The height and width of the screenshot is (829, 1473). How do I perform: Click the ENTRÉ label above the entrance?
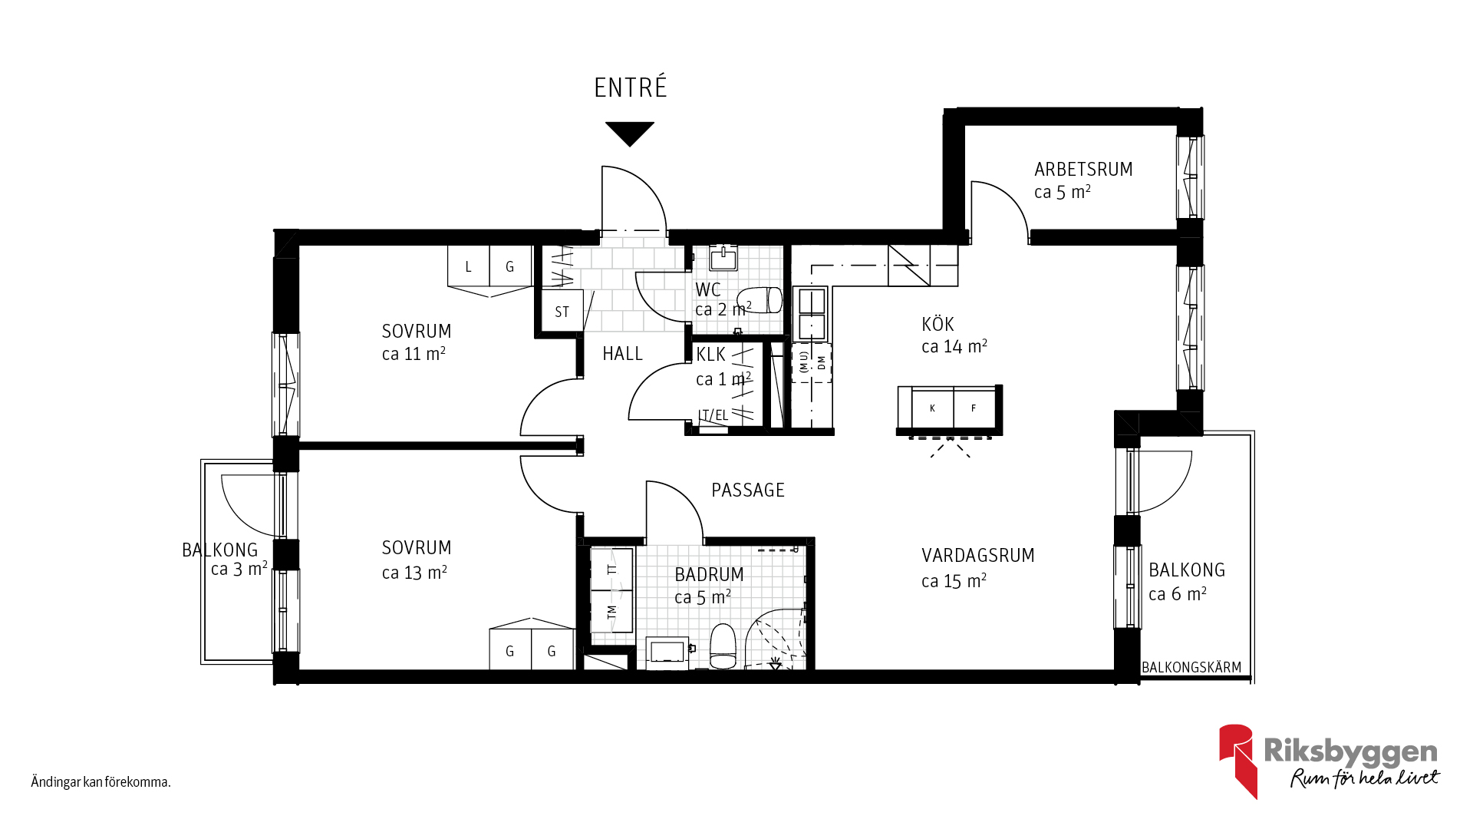pyautogui.click(x=631, y=87)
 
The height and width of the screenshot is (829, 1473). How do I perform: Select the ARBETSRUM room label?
pyautogui.click(x=1083, y=169)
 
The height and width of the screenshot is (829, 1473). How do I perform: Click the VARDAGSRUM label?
pyautogui.click(x=978, y=555)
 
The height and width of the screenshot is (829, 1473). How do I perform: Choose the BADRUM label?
pyautogui.click(x=709, y=574)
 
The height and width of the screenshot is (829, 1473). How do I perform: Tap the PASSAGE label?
pyautogui.click(x=748, y=490)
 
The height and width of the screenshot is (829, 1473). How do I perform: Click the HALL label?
pyautogui.click(x=622, y=354)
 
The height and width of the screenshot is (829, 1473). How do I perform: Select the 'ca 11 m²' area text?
pyautogui.click(x=414, y=354)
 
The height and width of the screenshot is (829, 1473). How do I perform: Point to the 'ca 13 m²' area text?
pyautogui.click(x=414, y=573)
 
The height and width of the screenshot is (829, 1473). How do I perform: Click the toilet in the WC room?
pyautogui.click(x=760, y=300)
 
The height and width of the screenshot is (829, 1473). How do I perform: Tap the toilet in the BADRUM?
pyautogui.click(x=723, y=646)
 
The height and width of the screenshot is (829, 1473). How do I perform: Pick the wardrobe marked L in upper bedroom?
pyautogui.click(x=469, y=266)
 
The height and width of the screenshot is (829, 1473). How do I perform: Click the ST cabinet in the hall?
pyautogui.click(x=562, y=311)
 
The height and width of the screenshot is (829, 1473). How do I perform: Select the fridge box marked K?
pyautogui.click(x=932, y=408)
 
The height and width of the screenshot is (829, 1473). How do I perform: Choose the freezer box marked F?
pyautogui.click(x=974, y=408)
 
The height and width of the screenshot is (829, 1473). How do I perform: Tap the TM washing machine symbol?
pyautogui.click(x=611, y=612)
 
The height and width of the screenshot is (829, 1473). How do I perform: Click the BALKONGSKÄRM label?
pyautogui.click(x=1191, y=668)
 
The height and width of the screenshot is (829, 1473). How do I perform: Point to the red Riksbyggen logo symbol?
pyautogui.click(x=1237, y=760)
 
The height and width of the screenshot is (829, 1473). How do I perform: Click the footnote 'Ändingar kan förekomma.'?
pyautogui.click(x=101, y=782)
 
